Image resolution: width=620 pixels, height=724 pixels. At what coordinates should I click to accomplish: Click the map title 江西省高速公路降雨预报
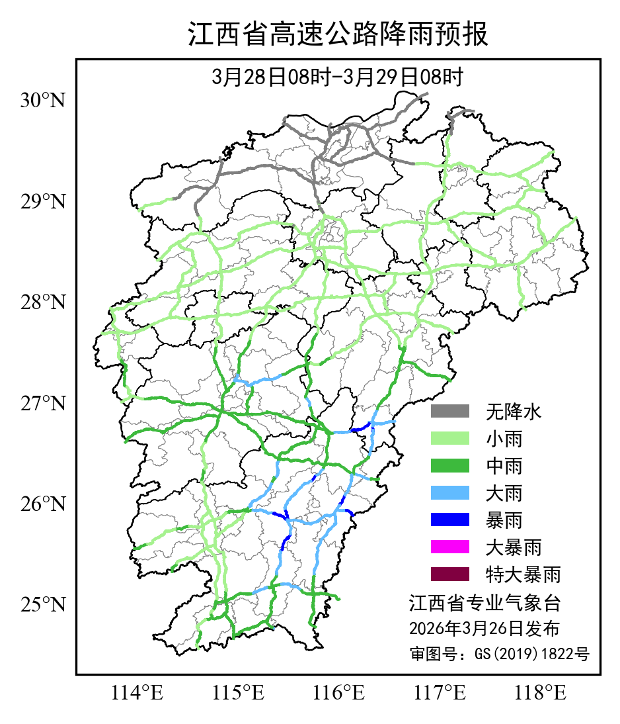click(338, 34)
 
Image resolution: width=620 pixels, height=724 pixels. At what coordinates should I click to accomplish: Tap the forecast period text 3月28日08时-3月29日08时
click(337, 77)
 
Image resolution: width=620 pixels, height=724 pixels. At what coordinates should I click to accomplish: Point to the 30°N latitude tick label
click(43, 101)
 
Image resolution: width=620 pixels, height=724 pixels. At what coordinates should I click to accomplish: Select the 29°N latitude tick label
click(43, 201)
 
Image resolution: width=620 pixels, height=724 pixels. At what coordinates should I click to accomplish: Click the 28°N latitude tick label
click(43, 302)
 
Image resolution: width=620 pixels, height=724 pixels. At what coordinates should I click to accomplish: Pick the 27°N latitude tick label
click(43, 403)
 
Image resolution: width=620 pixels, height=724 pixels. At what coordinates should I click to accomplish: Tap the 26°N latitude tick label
click(43, 504)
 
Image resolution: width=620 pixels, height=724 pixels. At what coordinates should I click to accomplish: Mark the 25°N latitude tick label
click(43, 605)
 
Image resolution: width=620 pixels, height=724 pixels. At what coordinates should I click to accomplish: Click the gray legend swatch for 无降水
click(450, 412)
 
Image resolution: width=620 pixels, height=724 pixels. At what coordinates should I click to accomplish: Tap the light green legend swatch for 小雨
click(450, 439)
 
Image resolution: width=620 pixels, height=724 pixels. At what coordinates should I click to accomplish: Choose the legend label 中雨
click(504, 466)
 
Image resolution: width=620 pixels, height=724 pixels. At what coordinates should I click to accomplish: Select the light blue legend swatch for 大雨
click(450, 493)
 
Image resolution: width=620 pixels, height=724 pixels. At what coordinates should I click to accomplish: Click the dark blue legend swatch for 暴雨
click(450, 520)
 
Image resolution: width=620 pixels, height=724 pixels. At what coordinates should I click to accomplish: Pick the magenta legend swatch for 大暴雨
click(450, 547)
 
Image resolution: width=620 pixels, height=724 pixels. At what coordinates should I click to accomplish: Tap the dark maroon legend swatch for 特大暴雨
click(450, 574)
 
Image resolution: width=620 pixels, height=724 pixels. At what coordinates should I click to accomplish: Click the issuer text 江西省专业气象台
click(484, 603)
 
